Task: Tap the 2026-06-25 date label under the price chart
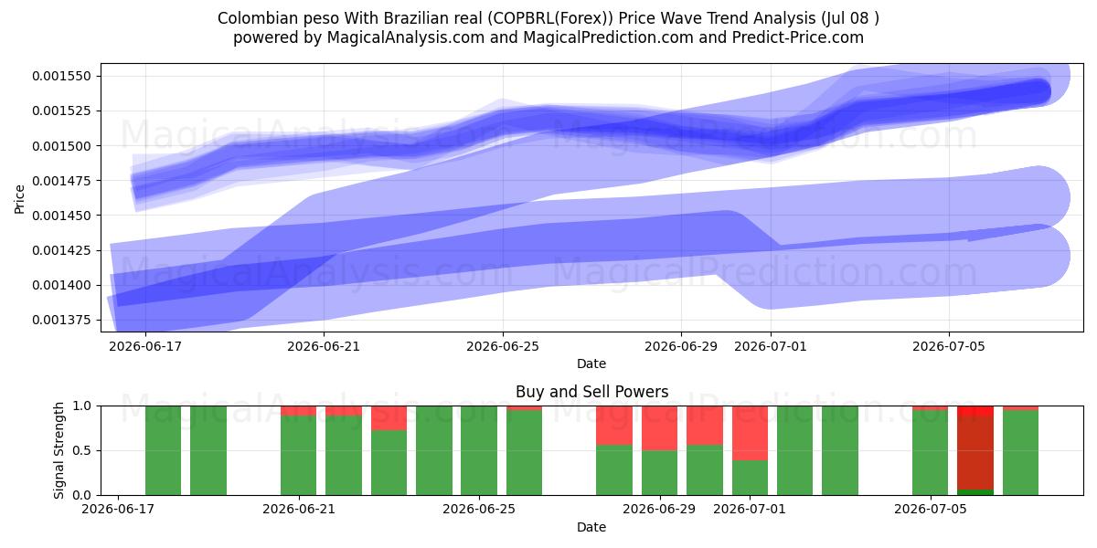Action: tap(503, 346)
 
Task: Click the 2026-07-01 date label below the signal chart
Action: tap(750, 509)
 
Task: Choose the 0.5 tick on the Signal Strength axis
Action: tap(81, 450)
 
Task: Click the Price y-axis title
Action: tap(19, 199)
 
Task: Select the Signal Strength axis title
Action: tap(59, 450)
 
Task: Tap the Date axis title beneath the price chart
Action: tap(591, 364)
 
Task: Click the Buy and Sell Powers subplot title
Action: tap(591, 392)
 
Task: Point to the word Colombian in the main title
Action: tap(258, 18)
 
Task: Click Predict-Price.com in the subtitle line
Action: tap(798, 37)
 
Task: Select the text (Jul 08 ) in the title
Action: tap(847, 18)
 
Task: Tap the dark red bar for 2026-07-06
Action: tap(975, 453)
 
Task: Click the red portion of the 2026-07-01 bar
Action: tap(750, 433)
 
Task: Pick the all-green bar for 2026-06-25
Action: tap(478, 450)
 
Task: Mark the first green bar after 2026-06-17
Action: tap(163, 450)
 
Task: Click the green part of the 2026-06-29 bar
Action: tap(660, 473)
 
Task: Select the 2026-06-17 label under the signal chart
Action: tap(118, 509)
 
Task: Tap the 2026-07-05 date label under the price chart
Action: tap(949, 346)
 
